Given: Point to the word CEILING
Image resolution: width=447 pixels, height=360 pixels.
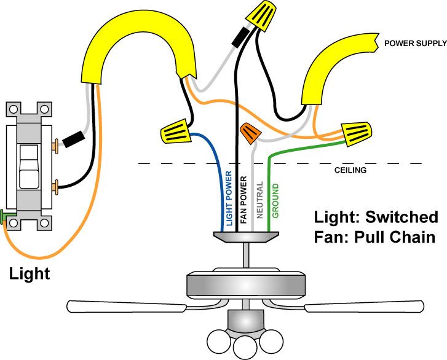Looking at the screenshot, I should [350, 170].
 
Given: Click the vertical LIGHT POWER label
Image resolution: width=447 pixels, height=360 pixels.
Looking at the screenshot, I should [229, 198].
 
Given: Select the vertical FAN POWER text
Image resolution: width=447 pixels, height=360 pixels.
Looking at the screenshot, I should [243, 199].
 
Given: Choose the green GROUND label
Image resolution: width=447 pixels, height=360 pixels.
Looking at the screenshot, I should [275, 200].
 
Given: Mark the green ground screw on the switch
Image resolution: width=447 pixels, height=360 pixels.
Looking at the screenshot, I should [4, 216].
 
